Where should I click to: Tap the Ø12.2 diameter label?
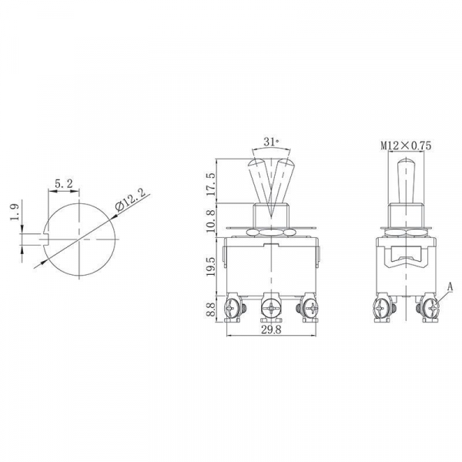click(x=131, y=203)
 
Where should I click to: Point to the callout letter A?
click(x=450, y=286)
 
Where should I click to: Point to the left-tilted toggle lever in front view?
click(x=258, y=181)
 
